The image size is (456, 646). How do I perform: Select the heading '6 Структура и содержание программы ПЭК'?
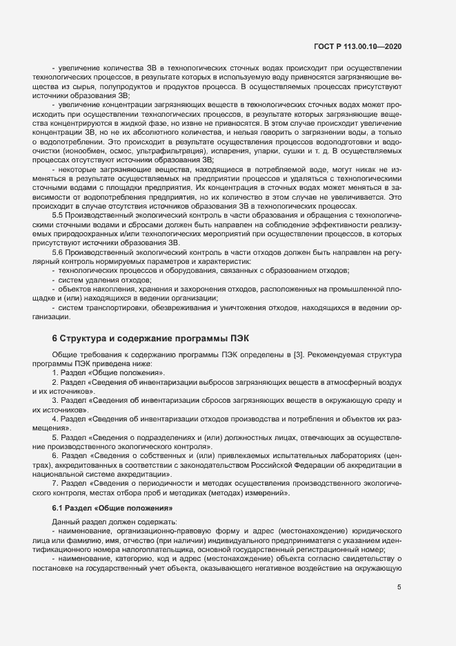pos(151,339)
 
